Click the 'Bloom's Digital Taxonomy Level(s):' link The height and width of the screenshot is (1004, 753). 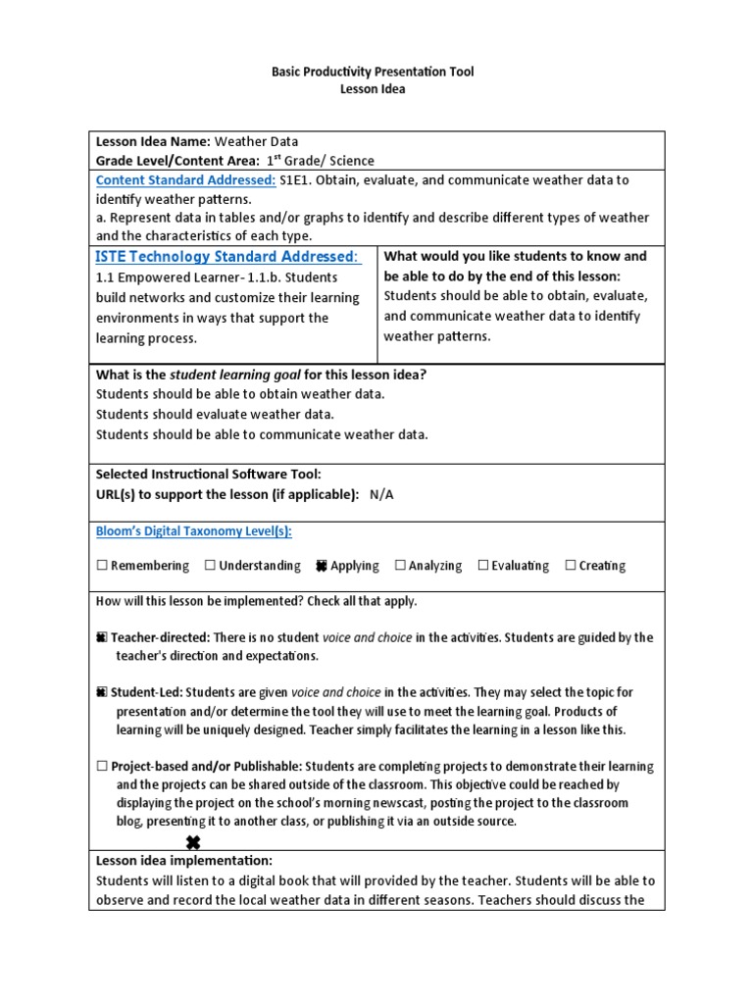click(193, 531)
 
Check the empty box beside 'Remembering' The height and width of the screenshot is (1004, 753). click(102, 566)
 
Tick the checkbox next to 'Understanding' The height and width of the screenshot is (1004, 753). click(210, 566)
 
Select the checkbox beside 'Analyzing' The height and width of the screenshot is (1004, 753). click(400, 566)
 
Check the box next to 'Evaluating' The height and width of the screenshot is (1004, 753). click(482, 566)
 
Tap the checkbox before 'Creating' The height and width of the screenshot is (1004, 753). click(570, 566)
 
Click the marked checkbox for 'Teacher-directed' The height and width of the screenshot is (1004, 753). click(102, 637)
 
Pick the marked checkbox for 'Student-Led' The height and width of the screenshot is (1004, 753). click(102, 692)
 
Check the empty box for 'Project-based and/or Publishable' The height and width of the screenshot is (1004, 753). click(102, 767)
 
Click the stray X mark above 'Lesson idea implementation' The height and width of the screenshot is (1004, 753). click(193, 842)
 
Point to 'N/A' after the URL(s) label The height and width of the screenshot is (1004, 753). click(381, 494)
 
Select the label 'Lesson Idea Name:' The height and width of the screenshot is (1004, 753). click(153, 141)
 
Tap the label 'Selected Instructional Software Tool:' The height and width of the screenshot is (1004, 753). click(208, 475)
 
